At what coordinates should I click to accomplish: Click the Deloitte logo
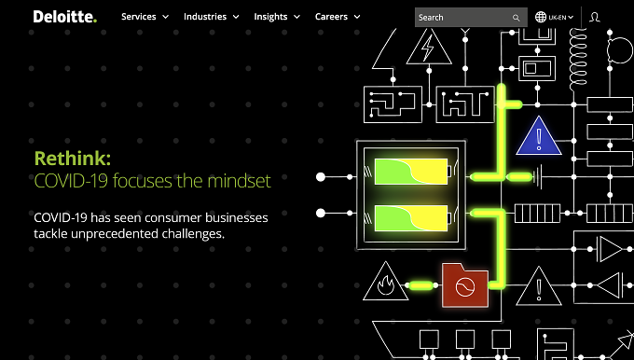[65, 17]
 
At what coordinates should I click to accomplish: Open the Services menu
[145, 17]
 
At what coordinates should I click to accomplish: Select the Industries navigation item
[211, 17]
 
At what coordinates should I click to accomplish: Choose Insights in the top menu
[277, 17]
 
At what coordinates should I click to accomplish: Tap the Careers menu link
[338, 17]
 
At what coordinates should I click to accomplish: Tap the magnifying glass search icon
[516, 18]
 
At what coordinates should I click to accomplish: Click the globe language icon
[541, 17]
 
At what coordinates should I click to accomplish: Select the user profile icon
[595, 17]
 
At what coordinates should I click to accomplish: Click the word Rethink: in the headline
[73, 159]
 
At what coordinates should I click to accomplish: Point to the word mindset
[239, 180]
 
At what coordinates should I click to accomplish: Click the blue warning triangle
[539, 136]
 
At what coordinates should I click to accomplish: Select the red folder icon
[465, 285]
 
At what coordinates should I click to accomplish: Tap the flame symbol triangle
[386, 282]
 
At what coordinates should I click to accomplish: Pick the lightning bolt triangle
[429, 47]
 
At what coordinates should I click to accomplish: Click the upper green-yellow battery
[412, 172]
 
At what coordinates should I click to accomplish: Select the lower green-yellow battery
[412, 218]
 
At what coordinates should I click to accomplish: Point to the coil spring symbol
[578, 57]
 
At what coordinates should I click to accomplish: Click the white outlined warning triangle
[539, 286]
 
